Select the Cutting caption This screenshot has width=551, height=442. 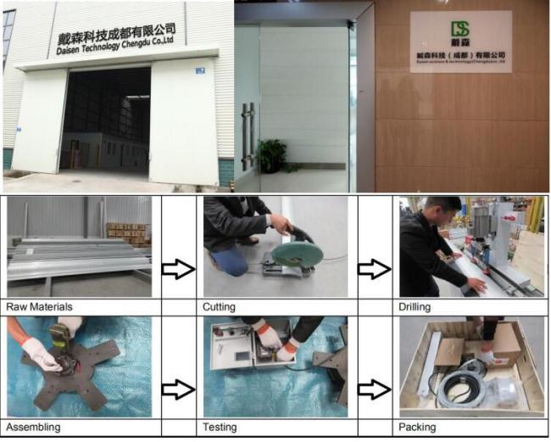(x=220, y=306)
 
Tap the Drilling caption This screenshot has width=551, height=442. (x=416, y=306)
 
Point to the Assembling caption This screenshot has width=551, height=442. (x=33, y=427)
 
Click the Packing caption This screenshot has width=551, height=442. (x=417, y=427)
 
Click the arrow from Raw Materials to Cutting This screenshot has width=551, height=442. (x=178, y=269)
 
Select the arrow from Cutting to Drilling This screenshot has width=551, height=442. (x=374, y=269)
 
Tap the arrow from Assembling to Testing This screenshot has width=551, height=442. (x=178, y=389)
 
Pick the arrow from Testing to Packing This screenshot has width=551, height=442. (x=374, y=389)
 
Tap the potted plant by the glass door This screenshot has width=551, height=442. (x=271, y=156)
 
